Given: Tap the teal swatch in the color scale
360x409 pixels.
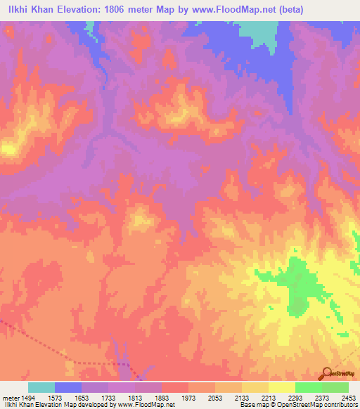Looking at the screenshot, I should pos(41,387).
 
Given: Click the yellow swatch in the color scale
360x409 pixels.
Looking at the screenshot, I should pos(281,387).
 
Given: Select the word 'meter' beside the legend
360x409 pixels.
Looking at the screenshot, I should pos(11,397).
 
